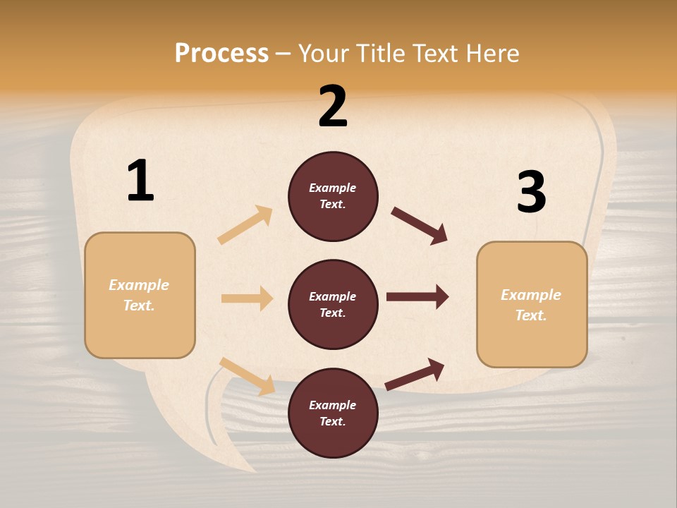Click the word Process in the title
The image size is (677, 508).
click(221, 53)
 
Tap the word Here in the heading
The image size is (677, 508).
click(492, 53)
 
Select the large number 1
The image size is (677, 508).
click(140, 181)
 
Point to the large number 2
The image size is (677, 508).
click(333, 107)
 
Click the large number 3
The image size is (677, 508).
click(532, 192)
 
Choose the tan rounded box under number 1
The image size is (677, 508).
click(140, 295)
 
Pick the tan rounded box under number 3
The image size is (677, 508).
click(532, 304)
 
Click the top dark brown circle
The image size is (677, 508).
click(333, 196)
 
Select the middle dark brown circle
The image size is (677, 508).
click(333, 304)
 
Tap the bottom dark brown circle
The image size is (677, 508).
click(333, 413)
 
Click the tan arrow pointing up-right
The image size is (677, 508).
click(245, 225)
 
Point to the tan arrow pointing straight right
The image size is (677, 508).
click(247, 298)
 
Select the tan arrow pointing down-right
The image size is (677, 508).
click(248, 376)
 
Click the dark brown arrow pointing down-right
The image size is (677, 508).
click(420, 226)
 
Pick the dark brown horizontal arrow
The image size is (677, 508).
click(417, 297)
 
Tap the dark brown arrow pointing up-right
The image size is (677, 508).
click(415, 374)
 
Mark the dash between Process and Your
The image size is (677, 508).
click(283, 54)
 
